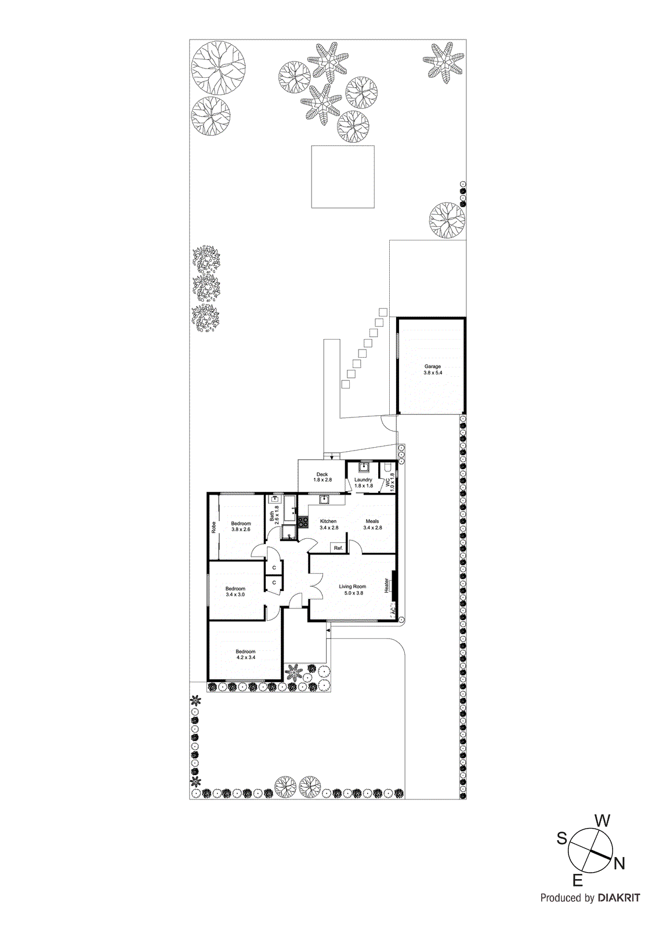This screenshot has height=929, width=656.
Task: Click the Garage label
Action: pyautogui.click(x=432, y=366)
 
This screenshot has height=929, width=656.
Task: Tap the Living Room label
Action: pyautogui.click(x=353, y=586)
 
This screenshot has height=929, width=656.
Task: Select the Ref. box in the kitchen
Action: pyautogui.click(x=338, y=548)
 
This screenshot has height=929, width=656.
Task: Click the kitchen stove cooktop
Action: pyautogui.click(x=303, y=521)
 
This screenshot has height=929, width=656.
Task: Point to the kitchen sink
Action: pyautogui.click(x=324, y=499)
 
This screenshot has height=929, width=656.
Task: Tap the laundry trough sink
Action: pyautogui.click(x=364, y=467)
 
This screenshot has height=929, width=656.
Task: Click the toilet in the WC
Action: pyautogui.click(x=387, y=467)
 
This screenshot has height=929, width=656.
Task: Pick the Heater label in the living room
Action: pyautogui.click(x=386, y=585)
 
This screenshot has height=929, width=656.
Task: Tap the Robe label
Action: pyautogui.click(x=213, y=527)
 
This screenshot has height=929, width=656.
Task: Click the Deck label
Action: pyautogui.click(x=322, y=474)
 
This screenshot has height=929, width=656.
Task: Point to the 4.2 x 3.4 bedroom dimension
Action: pyautogui.click(x=245, y=658)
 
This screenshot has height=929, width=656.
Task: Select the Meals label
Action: pyautogui.click(x=372, y=521)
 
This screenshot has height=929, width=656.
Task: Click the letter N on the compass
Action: pyautogui.click(x=619, y=863)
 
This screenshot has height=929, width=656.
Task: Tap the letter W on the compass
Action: pyautogui.click(x=603, y=820)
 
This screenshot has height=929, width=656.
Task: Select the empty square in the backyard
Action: pyautogui.click(x=343, y=177)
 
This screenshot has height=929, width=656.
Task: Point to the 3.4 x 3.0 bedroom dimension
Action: pyautogui.click(x=235, y=595)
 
